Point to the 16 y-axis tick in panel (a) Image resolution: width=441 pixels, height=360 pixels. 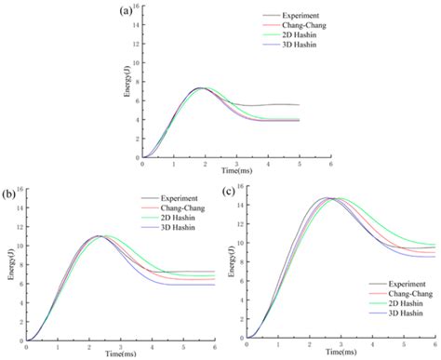click(136, 7)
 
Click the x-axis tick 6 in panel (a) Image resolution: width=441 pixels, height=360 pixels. click(330, 165)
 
